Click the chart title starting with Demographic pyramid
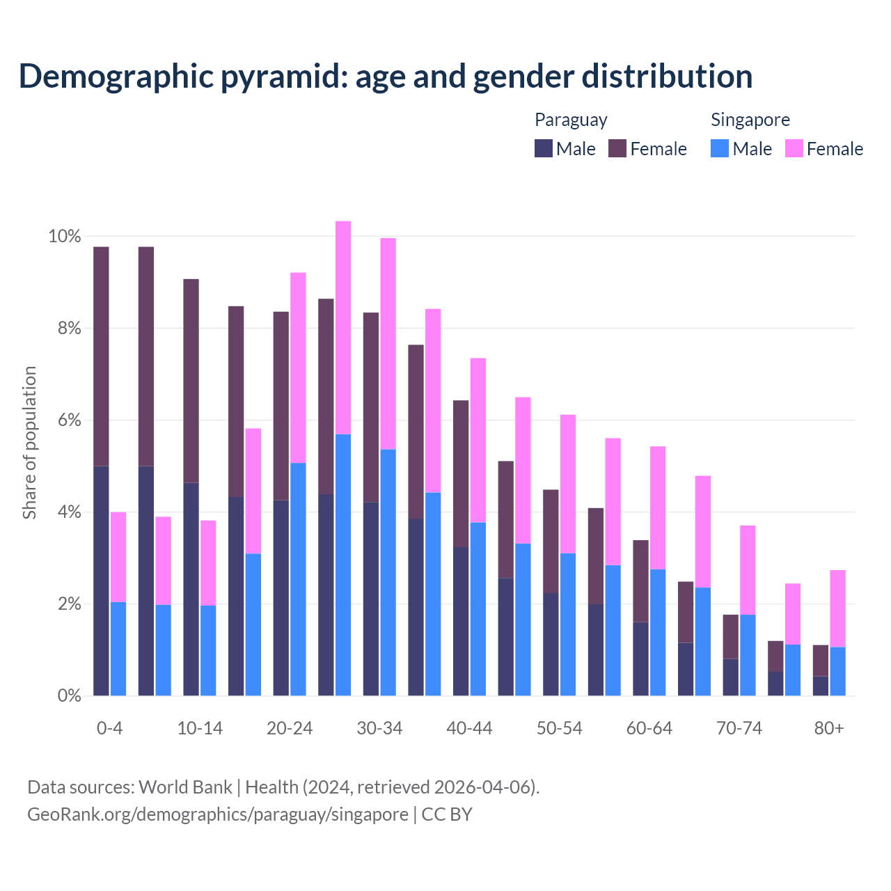pyautogui.click(x=385, y=77)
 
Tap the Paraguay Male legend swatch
pyautogui.click(x=544, y=148)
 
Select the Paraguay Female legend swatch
pyautogui.click(x=617, y=148)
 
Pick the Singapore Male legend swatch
pyautogui.click(x=720, y=148)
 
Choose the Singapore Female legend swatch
pyautogui.click(x=794, y=148)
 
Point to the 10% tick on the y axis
pyautogui.click(x=65, y=237)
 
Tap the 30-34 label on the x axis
pyautogui.click(x=379, y=728)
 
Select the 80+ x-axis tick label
pyautogui.click(x=829, y=728)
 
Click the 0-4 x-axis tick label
pyautogui.click(x=110, y=728)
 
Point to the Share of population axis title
pyautogui.click(x=29, y=443)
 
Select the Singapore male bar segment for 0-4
pyautogui.click(x=118, y=649)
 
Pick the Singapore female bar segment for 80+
pyautogui.click(x=837, y=608)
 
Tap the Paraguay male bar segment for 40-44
pyautogui.click(x=461, y=621)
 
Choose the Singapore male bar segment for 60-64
pyautogui.click(x=658, y=632)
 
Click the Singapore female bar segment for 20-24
pyautogui.click(x=298, y=368)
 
